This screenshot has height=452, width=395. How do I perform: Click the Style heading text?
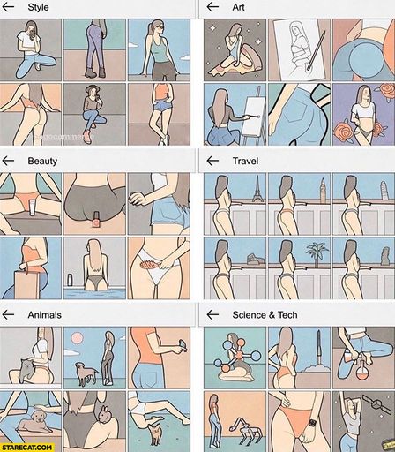pyautogui.click(x=38, y=7)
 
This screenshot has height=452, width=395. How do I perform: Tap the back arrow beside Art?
pyautogui.click(x=212, y=7)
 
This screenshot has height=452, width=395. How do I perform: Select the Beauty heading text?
pyautogui.click(x=42, y=161)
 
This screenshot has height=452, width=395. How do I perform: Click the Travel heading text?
pyautogui.click(x=245, y=161)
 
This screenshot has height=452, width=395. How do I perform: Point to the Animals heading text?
pyautogui.click(x=44, y=315)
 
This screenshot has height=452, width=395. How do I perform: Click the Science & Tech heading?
pyautogui.click(x=265, y=315)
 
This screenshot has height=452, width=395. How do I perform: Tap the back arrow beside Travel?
pyautogui.click(x=212, y=161)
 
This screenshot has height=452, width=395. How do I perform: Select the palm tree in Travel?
pyautogui.click(x=317, y=254)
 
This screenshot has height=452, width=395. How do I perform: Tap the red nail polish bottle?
pyautogui.click(x=95, y=219)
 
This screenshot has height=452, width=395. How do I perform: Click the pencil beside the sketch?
pyautogui.click(x=317, y=50)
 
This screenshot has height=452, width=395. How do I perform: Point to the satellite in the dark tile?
pyautogui.click(x=372, y=405)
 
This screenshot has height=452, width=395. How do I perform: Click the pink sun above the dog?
pyautogui.click(x=77, y=339)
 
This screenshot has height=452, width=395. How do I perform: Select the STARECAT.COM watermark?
pyautogui.click(x=27, y=448)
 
